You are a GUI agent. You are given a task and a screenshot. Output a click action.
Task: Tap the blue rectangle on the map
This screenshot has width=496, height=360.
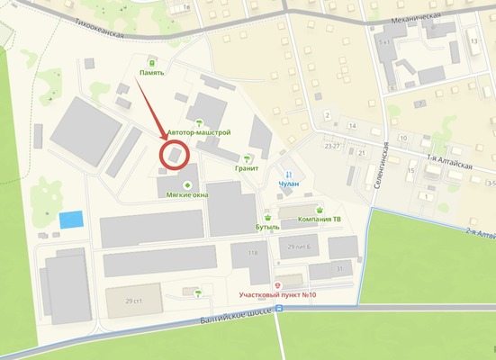[x=70, y=220]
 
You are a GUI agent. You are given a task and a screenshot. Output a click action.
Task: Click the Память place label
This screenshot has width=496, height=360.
[x=151, y=73]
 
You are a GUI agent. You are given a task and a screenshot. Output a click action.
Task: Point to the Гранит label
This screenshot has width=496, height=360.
[x=248, y=168]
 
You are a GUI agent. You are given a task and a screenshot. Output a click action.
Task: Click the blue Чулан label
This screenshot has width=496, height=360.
[x=288, y=184]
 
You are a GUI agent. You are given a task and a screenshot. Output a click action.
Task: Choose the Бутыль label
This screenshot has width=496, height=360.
[x=267, y=229]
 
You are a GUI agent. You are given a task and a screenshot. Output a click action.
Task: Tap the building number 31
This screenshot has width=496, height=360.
[x=340, y=268]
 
